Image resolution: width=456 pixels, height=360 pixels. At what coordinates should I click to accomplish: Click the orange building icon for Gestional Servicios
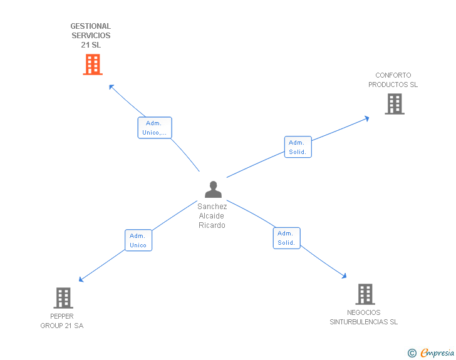point(92,64)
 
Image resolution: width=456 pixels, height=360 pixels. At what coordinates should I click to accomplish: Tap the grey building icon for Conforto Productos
point(394,104)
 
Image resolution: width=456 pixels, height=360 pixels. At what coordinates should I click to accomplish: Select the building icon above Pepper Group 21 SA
point(63,298)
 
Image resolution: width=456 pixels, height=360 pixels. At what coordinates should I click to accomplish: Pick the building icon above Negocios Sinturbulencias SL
point(365,294)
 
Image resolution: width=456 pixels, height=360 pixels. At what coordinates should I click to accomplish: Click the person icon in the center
point(213,189)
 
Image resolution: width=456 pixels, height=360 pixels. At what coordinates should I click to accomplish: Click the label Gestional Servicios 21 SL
point(91,36)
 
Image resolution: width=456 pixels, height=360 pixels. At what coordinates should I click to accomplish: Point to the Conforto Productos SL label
point(393,80)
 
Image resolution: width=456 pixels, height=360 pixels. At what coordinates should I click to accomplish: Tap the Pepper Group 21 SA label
point(62,321)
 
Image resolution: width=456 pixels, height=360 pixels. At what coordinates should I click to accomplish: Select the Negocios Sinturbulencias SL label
point(364,317)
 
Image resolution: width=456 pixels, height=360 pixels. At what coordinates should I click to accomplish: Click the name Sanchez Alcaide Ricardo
point(212,215)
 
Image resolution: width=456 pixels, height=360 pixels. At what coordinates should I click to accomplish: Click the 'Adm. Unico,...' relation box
point(155,128)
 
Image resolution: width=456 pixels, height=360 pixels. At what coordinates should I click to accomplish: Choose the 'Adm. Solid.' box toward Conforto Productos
point(298,147)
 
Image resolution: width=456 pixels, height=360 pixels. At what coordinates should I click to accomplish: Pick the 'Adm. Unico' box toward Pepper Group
point(138,240)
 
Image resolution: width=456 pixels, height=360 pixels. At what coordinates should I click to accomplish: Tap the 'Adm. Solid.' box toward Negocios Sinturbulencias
point(286,238)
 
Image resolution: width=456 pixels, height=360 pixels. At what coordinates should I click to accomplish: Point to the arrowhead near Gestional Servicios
point(111,86)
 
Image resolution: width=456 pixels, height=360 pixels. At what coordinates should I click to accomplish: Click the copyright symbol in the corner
point(412,353)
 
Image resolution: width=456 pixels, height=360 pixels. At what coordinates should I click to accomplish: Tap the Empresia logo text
point(438,352)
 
